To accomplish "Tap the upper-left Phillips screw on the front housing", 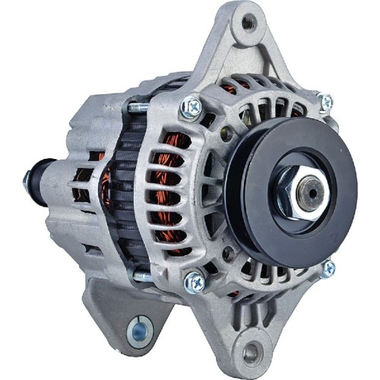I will (192, 107).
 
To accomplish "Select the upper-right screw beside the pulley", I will (325, 102).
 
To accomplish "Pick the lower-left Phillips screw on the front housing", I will (195, 281).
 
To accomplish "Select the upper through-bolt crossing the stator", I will (137, 107).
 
